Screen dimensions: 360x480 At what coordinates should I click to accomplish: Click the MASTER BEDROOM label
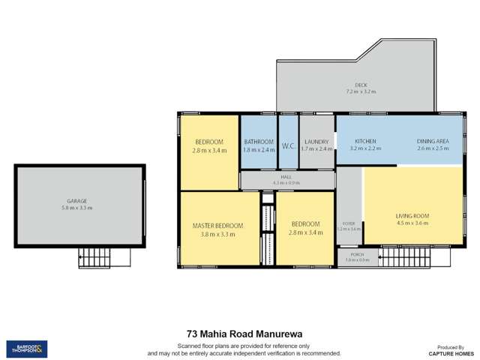pos(217,226)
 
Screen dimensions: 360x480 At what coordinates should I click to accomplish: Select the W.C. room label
pos(288,145)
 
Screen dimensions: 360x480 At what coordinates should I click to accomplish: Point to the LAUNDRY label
pos(316,141)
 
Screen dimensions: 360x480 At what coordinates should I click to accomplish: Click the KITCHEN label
pos(365,141)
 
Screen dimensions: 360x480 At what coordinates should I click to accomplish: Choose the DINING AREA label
pos(433,141)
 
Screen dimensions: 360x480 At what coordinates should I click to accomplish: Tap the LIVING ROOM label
pos(411,216)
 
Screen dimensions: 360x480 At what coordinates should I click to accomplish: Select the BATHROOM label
pos(259,141)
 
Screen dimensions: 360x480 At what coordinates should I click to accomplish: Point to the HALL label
pos(286,177)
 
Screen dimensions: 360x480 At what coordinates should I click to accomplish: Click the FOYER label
pos(349,223)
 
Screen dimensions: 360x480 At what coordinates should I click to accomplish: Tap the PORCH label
pos(358,255)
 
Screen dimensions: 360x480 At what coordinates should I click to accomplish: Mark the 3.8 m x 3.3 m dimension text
pos(217,234)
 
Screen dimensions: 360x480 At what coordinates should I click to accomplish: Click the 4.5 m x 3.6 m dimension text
pos(411,223)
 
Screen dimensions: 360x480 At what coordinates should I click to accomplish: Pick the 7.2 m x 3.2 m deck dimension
pos(361,92)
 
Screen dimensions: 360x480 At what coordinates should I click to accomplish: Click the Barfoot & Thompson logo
pos(27,349)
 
